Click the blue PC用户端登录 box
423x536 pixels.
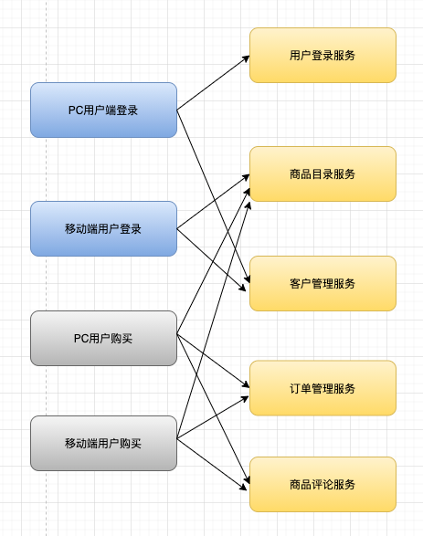103,110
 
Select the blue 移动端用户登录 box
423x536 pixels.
103,228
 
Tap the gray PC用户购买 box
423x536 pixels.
103,338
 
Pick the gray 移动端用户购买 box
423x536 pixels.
103,443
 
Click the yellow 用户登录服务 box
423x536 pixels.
323,55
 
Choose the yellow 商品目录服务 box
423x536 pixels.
323,173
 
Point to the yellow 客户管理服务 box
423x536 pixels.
323,283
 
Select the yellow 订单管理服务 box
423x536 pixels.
323,388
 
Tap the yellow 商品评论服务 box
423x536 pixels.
323,484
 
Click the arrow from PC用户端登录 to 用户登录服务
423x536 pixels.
212,83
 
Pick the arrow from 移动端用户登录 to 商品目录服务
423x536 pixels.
212,201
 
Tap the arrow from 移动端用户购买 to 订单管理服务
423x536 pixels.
212,417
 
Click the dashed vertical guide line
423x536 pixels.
46,274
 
